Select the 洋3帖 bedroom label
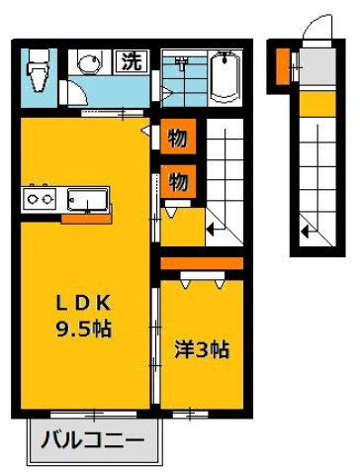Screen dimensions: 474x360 (x=202, y=348)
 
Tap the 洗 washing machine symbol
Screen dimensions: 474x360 (x=131, y=60)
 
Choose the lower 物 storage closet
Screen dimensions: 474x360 (x=178, y=181)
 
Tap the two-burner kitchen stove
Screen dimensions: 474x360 (x=40, y=199)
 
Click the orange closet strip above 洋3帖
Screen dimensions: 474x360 (x=201, y=262)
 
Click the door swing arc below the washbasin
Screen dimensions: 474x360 (x=74, y=92)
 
